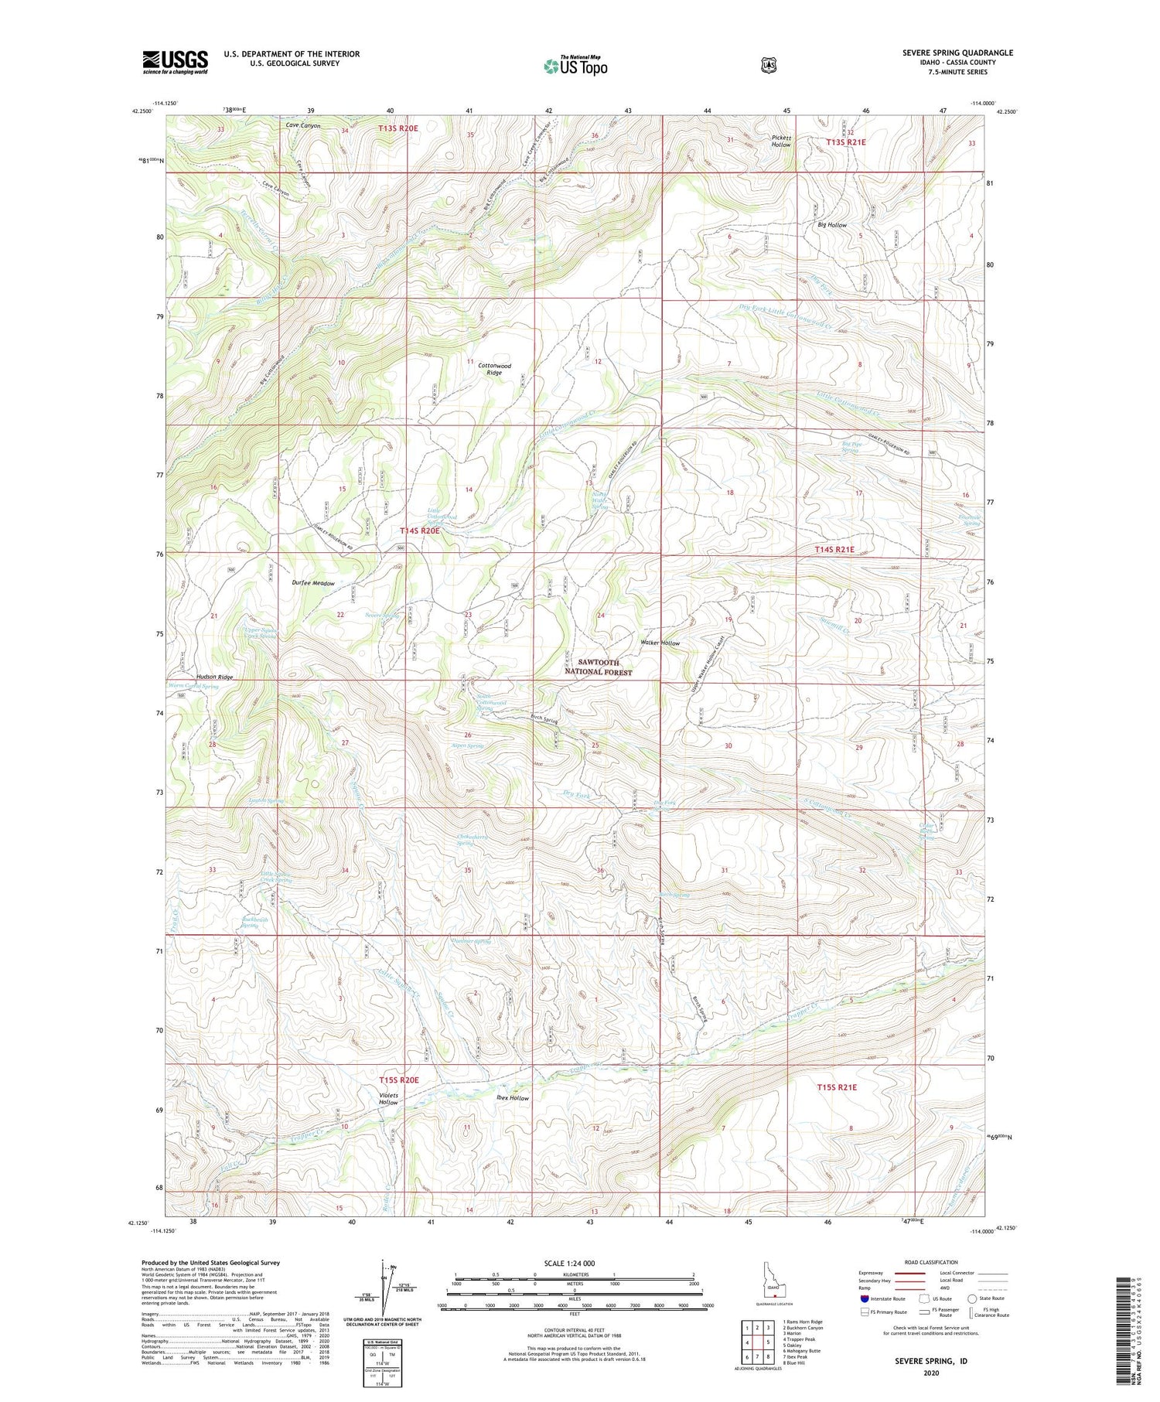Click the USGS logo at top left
176,62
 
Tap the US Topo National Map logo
575,66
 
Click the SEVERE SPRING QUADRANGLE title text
957,53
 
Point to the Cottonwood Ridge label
494,369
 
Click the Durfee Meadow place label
313,584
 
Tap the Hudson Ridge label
214,677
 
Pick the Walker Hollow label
660,643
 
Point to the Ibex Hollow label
512,1098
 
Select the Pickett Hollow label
781,142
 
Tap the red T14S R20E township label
420,531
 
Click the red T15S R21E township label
837,1087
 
